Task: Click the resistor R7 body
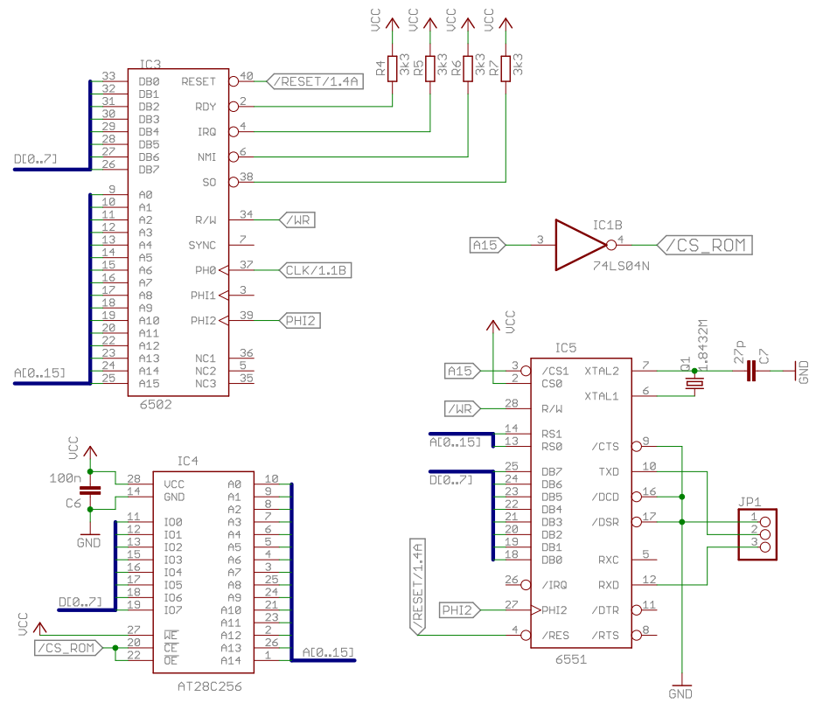506,67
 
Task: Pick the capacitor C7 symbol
750,372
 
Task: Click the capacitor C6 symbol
94,490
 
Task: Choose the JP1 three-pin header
757,532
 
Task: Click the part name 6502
155,405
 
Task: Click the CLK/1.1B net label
316,270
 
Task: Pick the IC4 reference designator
188,460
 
